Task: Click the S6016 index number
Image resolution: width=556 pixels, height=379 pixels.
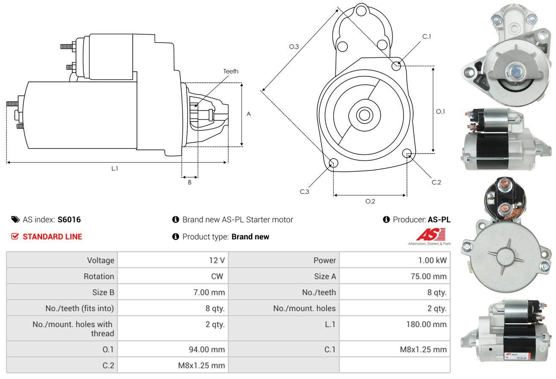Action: click(x=69, y=219)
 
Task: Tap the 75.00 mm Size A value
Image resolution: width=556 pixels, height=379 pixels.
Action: click(x=429, y=276)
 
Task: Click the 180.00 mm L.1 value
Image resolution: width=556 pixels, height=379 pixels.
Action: click(x=426, y=324)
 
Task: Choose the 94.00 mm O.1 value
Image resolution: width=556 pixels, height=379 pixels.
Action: click(x=207, y=349)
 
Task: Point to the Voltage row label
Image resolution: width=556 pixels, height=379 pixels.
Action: click(x=101, y=260)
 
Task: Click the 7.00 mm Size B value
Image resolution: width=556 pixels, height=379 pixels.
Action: click(x=209, y=292)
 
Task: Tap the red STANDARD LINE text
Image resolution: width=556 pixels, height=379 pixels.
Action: click(x=52, y=237)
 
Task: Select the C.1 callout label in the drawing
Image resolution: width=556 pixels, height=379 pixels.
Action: click(x=427, y=36)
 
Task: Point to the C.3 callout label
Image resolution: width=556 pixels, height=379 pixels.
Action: click(x=305, y=192)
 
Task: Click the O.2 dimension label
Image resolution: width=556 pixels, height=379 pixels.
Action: click(x=370, y=201)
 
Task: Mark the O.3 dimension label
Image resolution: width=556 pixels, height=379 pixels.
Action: click(x=294, y=46)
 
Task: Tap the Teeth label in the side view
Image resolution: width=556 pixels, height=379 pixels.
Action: click(x=231, y=71)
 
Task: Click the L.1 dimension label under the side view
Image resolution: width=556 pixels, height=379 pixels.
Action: click(x=114, y=168)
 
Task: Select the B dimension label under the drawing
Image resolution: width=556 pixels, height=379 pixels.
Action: click(x=190, y=182)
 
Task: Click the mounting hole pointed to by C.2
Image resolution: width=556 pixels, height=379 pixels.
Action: click(x=407, y=154)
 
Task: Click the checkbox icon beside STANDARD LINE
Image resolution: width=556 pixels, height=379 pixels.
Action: click(x=15, y=236)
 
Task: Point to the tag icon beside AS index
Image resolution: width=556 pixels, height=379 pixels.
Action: click(x=15, y=219)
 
